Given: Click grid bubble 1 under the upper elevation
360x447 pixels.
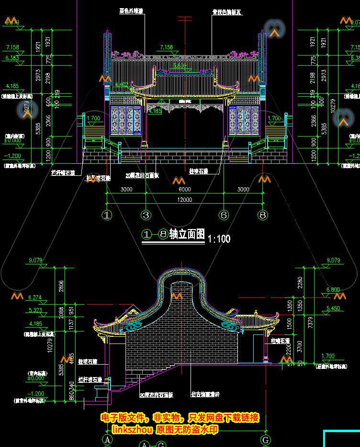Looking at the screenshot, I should point(107,215).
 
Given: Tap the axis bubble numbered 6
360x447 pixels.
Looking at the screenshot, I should point(224,215).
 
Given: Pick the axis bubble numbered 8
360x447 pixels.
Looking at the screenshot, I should point(263,215).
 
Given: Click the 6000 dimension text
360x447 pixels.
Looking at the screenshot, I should point(185,189).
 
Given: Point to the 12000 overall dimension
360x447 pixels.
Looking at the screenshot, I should point(185,199).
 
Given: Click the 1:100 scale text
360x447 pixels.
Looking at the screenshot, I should point(219,239).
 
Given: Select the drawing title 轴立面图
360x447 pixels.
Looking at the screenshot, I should point(187,235).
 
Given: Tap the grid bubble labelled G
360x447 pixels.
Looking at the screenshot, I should point(265,439).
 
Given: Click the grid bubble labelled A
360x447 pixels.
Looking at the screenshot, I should point(107,439).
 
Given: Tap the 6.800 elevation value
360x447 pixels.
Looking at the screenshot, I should point(333,290).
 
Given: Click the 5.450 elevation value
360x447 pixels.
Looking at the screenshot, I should point(333,308).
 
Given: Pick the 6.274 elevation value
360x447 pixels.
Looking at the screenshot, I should point(35,298).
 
